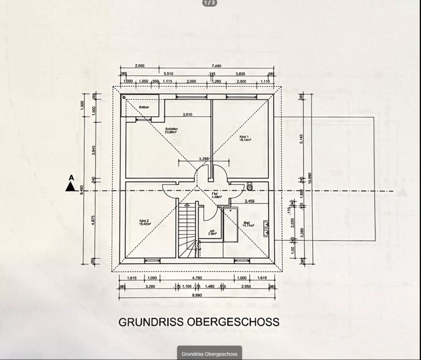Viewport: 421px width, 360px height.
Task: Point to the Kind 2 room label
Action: point(144,222)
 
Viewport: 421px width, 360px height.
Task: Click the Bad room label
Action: point(247,224)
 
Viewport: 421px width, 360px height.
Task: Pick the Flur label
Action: point(215,195)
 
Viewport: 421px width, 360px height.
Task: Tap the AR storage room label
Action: point(212,232)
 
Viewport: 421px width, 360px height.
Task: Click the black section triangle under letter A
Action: point(71,187)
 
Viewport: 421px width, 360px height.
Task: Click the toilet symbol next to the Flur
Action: point(250,185)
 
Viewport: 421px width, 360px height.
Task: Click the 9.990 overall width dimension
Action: point(197,295)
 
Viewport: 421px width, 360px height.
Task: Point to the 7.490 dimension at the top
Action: point(224,66)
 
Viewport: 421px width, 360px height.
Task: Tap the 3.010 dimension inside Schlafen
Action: point(187,115)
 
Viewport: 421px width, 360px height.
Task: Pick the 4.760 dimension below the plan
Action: point(197,278)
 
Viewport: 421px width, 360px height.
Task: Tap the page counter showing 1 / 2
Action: point(210,3)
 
